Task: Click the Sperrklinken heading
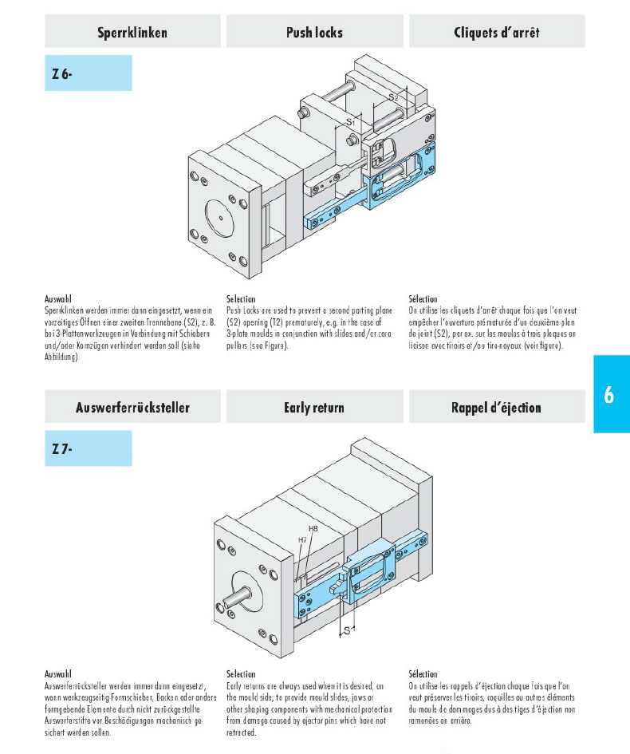point(132,33)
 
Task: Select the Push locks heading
point(314,33)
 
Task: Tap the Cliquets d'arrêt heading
point(496,33)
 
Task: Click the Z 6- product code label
point(63,73)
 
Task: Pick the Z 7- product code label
point(63,449)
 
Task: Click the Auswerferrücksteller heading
point(132,408)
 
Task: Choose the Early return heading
point(314,408)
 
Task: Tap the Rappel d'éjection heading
point(496,408)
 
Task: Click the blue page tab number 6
point(609,395)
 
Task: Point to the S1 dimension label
point(350,122)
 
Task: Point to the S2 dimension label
point(393,97)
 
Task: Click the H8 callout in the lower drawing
point(314,529)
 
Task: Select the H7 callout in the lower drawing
point(303,540)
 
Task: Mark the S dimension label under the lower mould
point(347,630)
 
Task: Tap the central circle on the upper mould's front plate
point(219,216)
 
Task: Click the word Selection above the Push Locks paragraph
point(241,299)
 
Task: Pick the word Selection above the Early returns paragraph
point(241,674)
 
